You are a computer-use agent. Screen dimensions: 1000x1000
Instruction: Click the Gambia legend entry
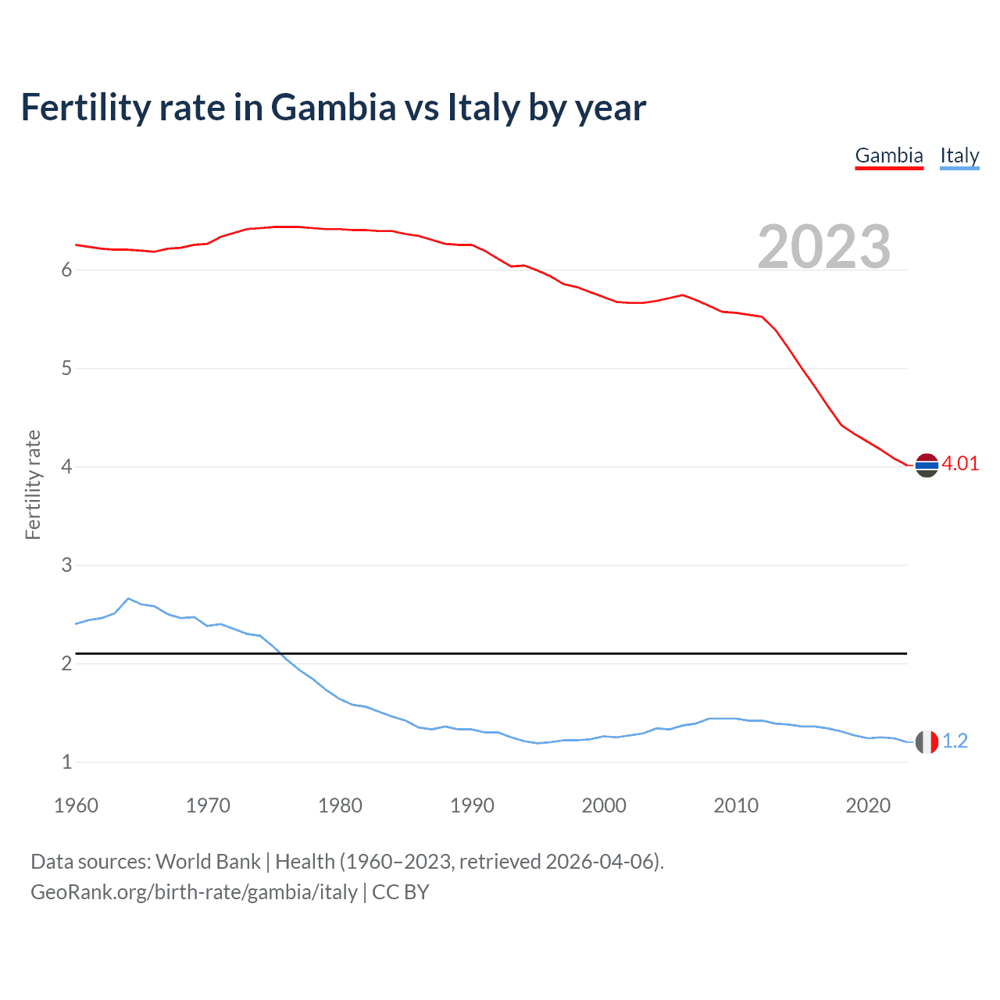pos(889,155)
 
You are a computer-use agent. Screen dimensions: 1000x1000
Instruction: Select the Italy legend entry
pos(959,155)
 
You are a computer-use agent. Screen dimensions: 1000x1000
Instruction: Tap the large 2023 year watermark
pos(824,247)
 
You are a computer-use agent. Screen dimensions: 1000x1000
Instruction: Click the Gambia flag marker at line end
pos(927,465)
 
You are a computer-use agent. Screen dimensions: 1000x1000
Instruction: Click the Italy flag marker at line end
pos(927,742)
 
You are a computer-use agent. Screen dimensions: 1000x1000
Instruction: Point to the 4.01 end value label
pos(960,463)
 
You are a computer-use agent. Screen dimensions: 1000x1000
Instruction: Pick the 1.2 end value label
pos(955,741)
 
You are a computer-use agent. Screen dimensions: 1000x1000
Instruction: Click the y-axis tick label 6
pos(66,270)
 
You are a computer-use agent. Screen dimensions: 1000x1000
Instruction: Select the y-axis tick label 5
pos(66,369)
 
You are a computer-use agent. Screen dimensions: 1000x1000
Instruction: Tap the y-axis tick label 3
pos(66,565)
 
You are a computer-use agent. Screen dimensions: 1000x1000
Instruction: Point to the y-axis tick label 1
pos(66,762)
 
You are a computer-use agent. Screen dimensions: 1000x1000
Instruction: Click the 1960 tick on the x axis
pos(76,805)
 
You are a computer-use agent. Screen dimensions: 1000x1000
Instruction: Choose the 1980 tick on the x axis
pos(340,805)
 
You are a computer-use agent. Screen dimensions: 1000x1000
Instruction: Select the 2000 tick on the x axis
pos(604,805)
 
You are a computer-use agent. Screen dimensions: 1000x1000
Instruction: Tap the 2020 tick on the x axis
pos(868,805)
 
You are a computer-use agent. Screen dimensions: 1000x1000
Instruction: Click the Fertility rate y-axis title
pos(33,484)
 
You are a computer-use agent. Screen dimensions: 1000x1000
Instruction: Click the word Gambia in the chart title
pos(334,108)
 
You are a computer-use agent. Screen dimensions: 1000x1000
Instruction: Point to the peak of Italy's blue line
pos(128,598)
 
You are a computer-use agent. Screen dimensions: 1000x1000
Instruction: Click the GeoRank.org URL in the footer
pos(194,892)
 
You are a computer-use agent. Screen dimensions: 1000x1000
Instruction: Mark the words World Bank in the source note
pos(208,862)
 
